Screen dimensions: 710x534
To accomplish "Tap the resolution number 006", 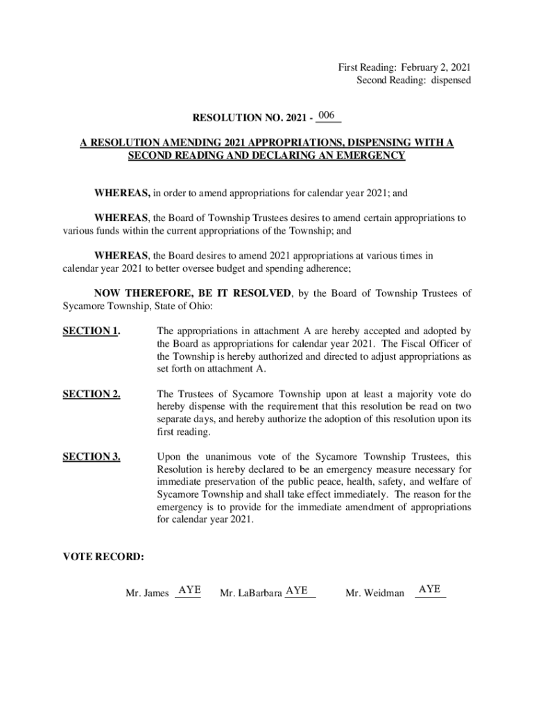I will (x=328, y=114).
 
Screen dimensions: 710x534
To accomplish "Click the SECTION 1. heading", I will (x=91, y=331).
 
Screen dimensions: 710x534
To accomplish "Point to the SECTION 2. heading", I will (x=91, y=394).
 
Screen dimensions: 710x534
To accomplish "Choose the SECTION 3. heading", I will (x=91, y=457).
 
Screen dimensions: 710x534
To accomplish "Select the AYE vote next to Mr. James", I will (x=189, y=590).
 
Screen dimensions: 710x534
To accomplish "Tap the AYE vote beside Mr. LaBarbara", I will (x=297, y=590).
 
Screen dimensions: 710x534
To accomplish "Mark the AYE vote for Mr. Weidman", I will (x=430, y=589).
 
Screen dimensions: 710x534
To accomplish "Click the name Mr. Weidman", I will (x=374, y=594).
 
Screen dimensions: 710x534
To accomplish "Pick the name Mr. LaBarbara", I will (x=250, y=594).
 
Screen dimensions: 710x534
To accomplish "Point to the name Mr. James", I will (x=147, y=594).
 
